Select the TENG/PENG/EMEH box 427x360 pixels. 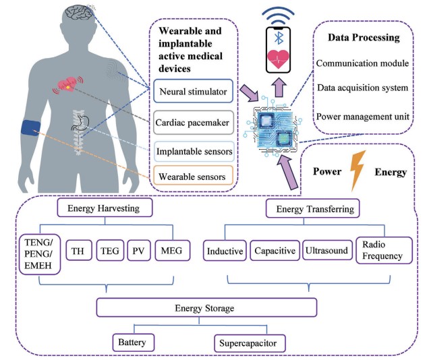pos(38,254)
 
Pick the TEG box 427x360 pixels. pos(110,251)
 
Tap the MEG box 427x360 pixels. pos(168,251)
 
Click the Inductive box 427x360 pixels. pos(225,251)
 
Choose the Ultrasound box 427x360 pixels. pos(326,251)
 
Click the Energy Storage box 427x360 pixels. pos(206,308)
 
